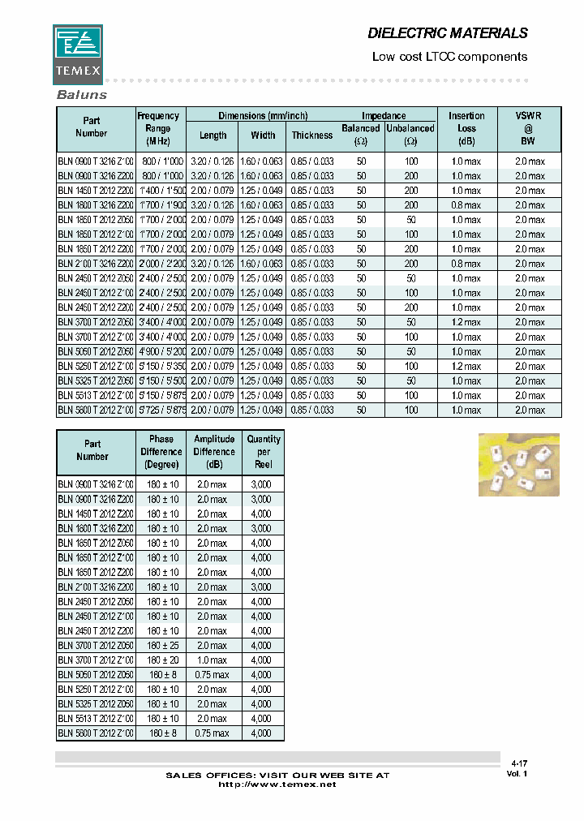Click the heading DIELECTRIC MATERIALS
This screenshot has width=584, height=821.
(448, 33)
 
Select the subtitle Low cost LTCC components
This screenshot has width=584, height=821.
(449, 57)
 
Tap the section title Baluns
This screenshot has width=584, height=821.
(81, 95)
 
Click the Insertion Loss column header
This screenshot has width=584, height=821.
(466, 128)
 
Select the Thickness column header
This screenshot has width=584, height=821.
(312, 135)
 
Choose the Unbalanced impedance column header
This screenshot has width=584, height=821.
(410, 134)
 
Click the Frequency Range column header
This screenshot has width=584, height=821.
(158, 128)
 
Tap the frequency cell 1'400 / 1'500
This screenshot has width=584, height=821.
(163, 191)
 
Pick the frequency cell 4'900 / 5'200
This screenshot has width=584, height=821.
(163, 351)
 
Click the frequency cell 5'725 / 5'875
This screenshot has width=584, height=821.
(163, 410)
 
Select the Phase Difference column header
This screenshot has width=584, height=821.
(161, 452)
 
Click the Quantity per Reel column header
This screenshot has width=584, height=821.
(264, 452)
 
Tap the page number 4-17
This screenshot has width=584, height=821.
(519, 763)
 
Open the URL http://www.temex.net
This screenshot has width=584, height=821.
(277, 785)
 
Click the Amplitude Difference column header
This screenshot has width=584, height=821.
(214, 452)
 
